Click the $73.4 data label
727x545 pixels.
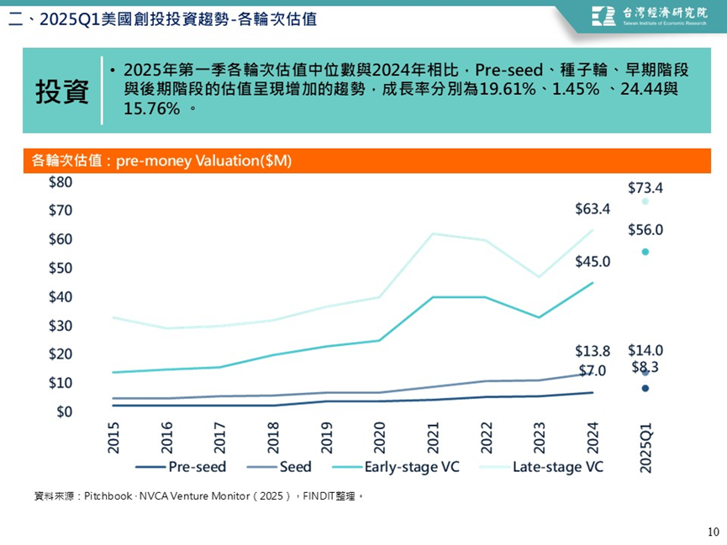coord(645,187)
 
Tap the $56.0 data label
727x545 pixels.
coord(645,229)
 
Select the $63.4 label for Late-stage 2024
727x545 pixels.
coord(593,208)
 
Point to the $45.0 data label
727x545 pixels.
coord(593,262)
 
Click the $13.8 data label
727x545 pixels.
coord(593,350)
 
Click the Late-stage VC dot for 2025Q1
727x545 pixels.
coord(645,202)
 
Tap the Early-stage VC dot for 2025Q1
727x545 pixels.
coord(645,252)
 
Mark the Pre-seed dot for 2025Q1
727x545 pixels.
coord(645,388)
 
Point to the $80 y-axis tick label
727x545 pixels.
coord(61,182)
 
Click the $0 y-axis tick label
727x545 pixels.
coord(64,411)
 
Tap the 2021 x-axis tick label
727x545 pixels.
coord(433,438)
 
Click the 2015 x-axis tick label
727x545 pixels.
coord(113,438)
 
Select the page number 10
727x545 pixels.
coord(714,532)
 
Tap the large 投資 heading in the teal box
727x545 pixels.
coord(62,92)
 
